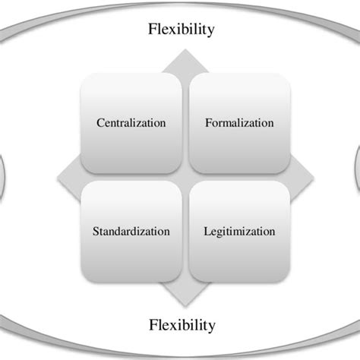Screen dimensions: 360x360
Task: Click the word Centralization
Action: click(x=131, y=122)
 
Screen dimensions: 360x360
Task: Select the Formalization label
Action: click(x=239, y=122)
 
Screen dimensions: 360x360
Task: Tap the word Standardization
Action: click(x=131, y=230)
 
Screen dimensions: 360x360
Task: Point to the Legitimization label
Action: click(x=239, y=230)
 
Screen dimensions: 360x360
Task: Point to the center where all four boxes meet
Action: click(x=185, y=177)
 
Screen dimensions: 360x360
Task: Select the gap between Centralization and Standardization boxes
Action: click(x=131, y=177)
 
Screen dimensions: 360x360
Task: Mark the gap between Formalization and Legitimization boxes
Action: click(x=239, y=177)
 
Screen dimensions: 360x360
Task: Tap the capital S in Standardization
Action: click(x=96, y=230)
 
